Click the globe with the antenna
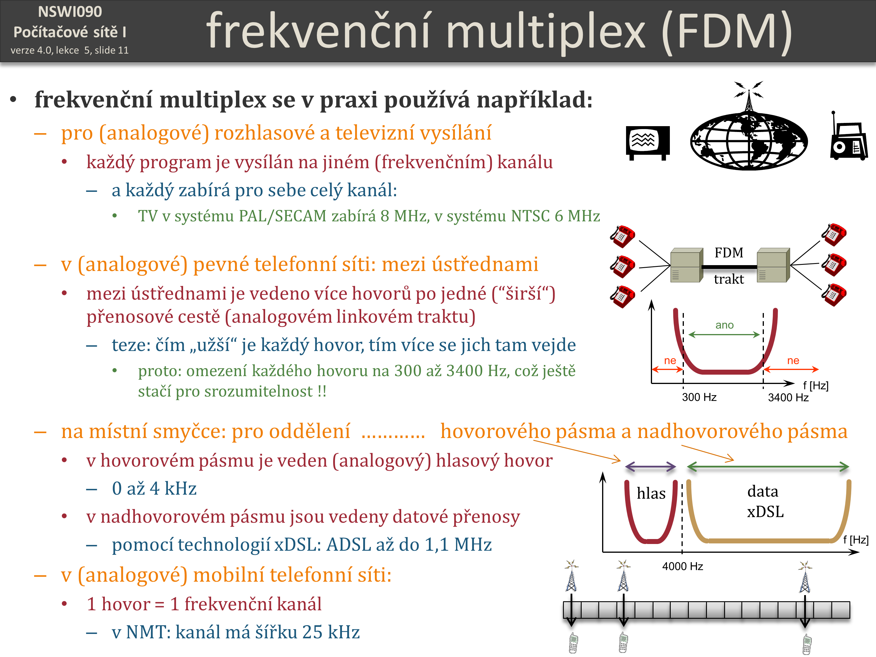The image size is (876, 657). [748, 127]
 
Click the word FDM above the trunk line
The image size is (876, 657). [729, 253]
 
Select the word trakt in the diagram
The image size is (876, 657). [729, 279]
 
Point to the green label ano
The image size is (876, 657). [724, 325]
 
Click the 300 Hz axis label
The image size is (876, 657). [699, 397]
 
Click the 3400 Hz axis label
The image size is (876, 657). [788, 397]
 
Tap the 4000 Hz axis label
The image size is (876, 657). [682, 566]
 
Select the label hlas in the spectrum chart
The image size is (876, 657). [651, 493]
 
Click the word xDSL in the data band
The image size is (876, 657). [765, 512]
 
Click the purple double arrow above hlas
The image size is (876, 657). [650, 467]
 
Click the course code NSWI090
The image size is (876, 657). [70, 12]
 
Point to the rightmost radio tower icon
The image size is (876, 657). [805, 577]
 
